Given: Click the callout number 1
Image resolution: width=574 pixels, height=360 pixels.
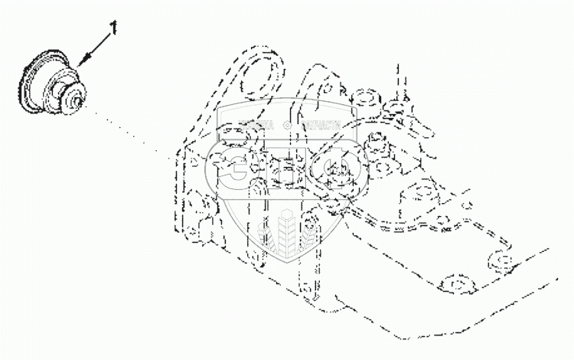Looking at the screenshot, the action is (x=114, y=28).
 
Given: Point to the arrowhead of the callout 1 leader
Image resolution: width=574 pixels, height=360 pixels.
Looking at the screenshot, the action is (x=80, y=61).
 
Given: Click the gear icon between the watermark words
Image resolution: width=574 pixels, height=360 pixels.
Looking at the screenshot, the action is (x=287, y=124).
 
